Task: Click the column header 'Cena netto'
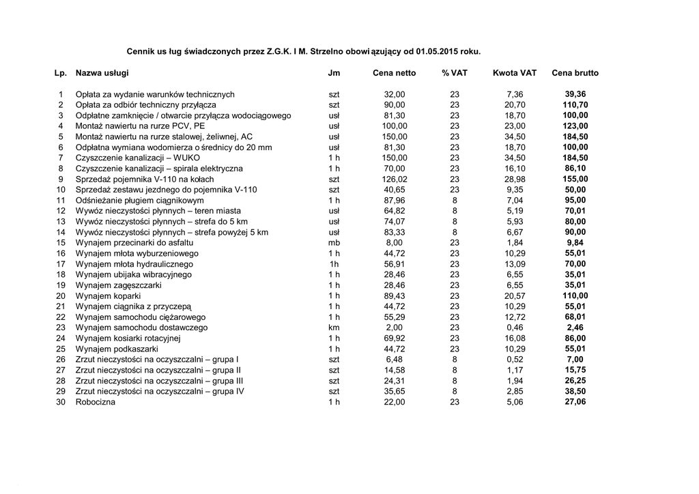pos(394,73)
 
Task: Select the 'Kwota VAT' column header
pos(514,73)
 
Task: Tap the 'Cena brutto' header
pos(575,73)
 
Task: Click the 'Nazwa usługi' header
pos(102,73)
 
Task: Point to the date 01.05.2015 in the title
pos(438,51)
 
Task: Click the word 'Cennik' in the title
pos(141,51)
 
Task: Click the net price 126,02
pos(394,179)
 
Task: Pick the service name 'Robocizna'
pos(96,402)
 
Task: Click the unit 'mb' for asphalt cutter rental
pos(334,242)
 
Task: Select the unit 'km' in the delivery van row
pos(334,328)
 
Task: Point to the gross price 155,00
pos(575,179)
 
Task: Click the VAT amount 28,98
pos(515,179)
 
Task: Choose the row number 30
pos(61,402)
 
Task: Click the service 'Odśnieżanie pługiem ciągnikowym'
pos(139,200)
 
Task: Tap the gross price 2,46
pos(575,328)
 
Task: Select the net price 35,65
pos(395,391)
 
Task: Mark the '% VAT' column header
pos(454,73)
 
